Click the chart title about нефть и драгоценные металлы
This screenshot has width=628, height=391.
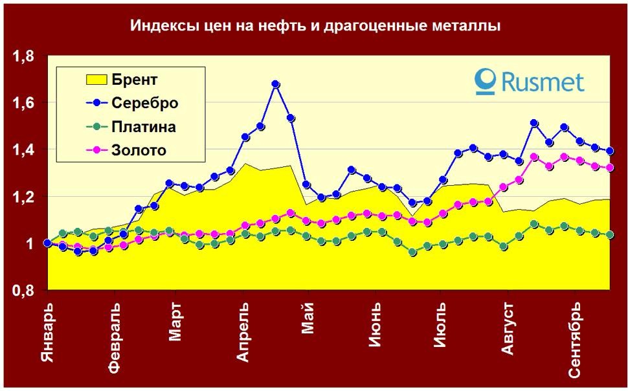pyautogui.click(x=315, y=27)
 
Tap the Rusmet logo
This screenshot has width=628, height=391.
pyautogui.click(x=529, y=81)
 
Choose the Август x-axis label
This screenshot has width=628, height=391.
pyautogui.click(x=508, y=328)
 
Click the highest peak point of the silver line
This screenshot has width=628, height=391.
pyautogui.click(x=276, y=84)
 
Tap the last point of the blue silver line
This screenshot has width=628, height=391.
pyautogui.click(x=609, y=151)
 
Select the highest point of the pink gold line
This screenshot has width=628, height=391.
pyautogui.click(x=534, y=157)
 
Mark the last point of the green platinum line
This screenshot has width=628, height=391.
pyautogui.click(x=609, y=235)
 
